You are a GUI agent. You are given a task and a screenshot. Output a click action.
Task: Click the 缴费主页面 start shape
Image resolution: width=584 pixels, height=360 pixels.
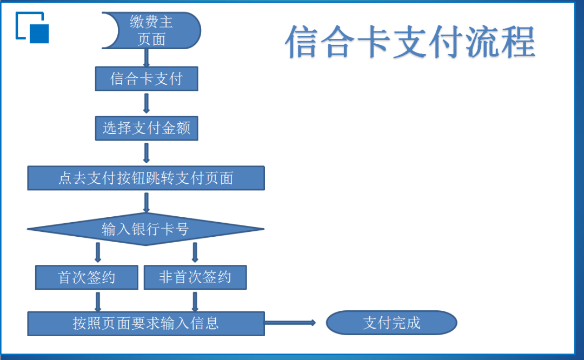pos(151,30)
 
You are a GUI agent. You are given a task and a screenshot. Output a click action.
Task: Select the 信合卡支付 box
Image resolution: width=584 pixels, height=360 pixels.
pos(147,78)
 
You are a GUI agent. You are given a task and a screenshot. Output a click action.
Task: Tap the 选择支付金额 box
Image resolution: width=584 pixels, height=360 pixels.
pos(147,129)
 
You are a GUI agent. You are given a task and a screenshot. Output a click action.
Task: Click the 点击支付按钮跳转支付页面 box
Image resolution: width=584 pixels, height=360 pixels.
pos(146,178)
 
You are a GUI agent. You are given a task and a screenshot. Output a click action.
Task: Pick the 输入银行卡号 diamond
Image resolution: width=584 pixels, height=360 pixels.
pos(145,229)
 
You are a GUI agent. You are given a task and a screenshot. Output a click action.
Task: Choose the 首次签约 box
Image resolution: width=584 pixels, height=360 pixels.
pos(87,277)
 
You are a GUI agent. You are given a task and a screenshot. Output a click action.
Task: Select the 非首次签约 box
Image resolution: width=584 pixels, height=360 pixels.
pos(195,277)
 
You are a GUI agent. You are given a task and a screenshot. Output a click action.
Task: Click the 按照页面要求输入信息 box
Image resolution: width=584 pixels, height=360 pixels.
pos(146,324)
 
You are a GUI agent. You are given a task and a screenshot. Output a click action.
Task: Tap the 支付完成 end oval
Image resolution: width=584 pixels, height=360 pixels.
pos(391,323)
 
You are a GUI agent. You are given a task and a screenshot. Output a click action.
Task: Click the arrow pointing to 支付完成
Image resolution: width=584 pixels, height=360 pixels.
pos(290,323)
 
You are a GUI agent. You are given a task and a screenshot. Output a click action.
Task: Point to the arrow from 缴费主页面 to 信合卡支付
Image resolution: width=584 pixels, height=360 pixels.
pos(147,58)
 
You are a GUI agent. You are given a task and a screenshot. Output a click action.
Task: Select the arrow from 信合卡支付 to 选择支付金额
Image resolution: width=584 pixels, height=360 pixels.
pos(147,103)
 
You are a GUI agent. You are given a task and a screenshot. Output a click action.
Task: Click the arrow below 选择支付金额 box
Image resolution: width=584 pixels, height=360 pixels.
pos(147,153)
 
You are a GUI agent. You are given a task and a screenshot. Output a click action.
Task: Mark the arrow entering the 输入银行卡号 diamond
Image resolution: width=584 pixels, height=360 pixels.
pos(147,203)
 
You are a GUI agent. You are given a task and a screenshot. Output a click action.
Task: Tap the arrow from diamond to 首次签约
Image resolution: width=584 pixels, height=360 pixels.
pos(98,252)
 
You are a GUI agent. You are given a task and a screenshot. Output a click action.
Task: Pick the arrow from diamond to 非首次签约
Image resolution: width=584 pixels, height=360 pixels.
pos(195,252)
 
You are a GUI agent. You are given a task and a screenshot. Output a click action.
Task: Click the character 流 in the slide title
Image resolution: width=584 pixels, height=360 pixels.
pos(482,42)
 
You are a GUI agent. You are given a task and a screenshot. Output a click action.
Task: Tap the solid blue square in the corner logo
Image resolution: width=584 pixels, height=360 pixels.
pos(39,34)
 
